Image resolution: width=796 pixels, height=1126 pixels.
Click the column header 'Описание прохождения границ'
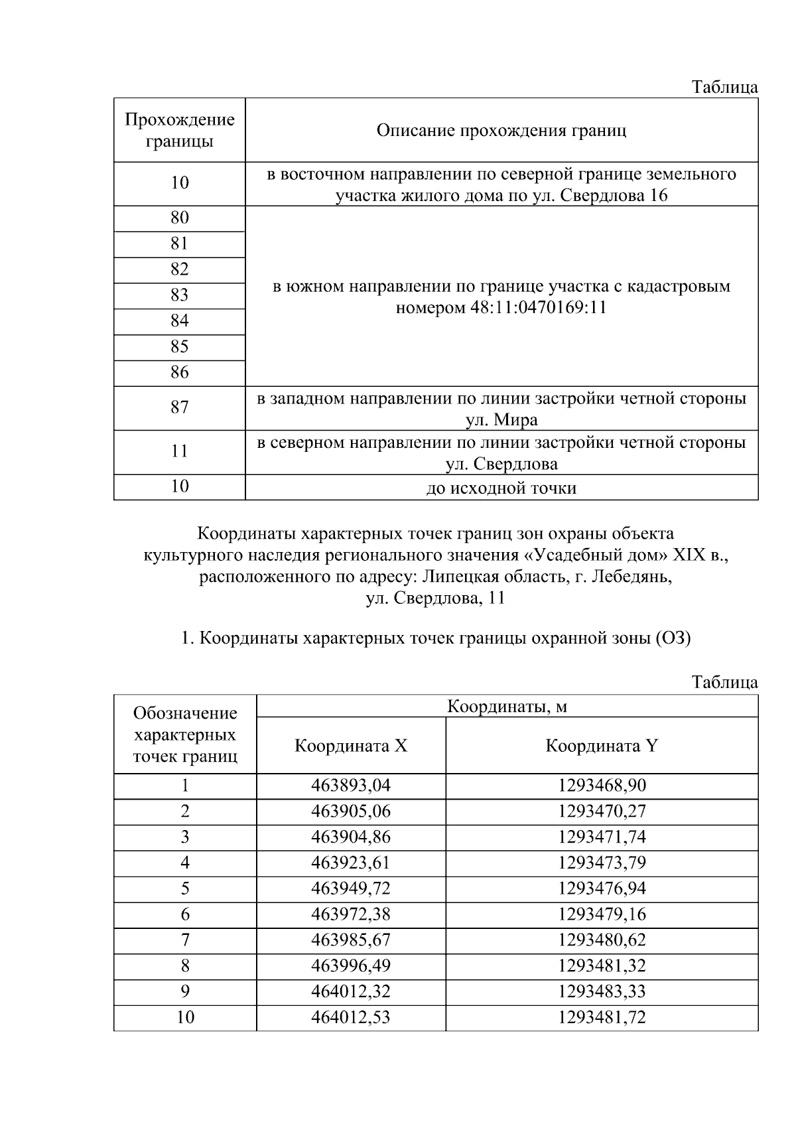click(x=501, y=130)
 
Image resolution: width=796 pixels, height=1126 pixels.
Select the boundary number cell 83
click(x=180, y=295)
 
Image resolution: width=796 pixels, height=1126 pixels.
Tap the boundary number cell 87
click(x=180, y=407)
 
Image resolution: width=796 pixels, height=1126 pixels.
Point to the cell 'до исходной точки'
click(x=501, y=488)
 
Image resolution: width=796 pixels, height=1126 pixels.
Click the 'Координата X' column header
click(x=351, y=746)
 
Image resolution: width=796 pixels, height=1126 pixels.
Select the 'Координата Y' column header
click(x=601, y=746)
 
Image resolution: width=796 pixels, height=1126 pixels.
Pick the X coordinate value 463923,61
click(x=351, y=863)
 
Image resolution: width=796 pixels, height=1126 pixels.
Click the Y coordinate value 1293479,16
click(x=601, y=914)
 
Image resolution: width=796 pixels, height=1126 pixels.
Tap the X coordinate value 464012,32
click(x=351, y=991)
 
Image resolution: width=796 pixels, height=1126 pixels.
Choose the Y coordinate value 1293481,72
click(x=601, y=1017)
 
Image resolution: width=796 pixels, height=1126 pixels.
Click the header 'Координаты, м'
click(x=507, y=707)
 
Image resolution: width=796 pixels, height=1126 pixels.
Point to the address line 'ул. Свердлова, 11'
click(x=435, y=598)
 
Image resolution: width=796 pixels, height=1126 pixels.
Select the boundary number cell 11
click(x=180, y=452)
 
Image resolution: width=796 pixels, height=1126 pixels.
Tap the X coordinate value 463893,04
click(x=351, y=786)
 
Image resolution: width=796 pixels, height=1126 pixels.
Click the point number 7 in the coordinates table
click(x=185, y=940)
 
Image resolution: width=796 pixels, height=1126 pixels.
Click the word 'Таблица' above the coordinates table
click(x=724, y=681)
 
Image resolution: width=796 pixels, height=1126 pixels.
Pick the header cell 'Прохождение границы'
click(x=180, y=130)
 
